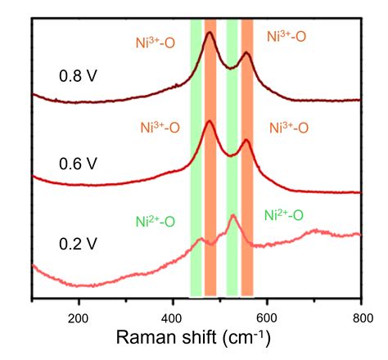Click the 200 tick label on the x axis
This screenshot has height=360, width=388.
pyautogui.click(x=79, y=313)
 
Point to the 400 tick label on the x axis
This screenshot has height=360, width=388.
pyautogui.click(x=173, y=313)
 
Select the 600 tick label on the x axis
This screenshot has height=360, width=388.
pyautogui.click(x=267, y=313)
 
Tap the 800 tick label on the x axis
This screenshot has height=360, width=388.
pyautogui.click(x=361, y=313)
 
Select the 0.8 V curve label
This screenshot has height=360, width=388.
pyautogui.click(x=78, y=76)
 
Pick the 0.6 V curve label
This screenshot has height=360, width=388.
pyautogui.click(x=78, y=163)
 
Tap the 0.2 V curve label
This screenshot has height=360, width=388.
pyautogui.click(x=78, y=243)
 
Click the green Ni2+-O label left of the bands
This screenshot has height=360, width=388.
pyautogui.click(x=156, y=221)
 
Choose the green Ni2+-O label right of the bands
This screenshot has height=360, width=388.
pyautogui.click(x=285, y=215)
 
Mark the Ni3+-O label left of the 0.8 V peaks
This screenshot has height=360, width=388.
pyautogui.click(x=156, y=41)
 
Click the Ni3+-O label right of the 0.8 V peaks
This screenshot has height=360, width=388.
pyautogui.click(x=287, y=37)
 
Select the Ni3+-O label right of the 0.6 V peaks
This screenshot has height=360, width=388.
pyautogui.click(x=287, y=128)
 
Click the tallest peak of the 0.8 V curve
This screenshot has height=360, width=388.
pyautogui.click(x=210, y=34)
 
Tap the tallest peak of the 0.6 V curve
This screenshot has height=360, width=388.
pyautogui.click(x=210, y=122)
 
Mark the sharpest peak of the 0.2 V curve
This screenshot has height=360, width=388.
pyautogui.click(x=232, y=216)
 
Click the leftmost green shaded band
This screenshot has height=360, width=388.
pyautogui.click(x=196, y=155)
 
